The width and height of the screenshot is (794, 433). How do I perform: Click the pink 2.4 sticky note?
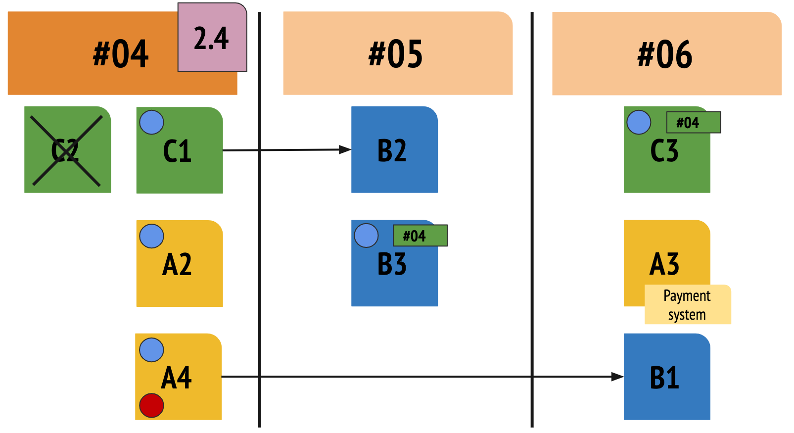(212, 38)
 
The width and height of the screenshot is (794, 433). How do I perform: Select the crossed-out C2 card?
(67, 150)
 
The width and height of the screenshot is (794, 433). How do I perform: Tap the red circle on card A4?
(151, 405)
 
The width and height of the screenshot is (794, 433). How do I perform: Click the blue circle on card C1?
(151, 122)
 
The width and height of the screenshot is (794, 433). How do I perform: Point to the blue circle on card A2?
(151, 236)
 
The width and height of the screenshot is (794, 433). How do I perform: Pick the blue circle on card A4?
(151, 350)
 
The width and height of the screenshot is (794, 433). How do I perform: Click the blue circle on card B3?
(366, 236)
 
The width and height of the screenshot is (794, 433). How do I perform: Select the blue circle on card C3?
(639, 122)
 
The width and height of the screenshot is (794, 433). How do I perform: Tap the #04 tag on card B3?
(420, 236)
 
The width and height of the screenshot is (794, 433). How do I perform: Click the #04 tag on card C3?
(694, 122)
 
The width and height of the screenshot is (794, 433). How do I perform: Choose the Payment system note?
(688, 305)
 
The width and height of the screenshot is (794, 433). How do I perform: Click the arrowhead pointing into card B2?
(345, 149)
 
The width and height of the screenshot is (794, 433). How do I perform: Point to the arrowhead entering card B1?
(617, 377)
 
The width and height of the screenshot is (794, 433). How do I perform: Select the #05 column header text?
(396, 54)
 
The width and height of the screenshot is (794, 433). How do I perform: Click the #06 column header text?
(665, 54)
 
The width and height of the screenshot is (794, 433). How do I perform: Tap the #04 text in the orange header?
(121, 54)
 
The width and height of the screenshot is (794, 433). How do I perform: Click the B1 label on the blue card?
(664, 378)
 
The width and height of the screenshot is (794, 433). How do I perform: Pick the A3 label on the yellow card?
(664, 264)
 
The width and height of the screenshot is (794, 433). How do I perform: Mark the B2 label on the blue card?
(392, 151)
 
